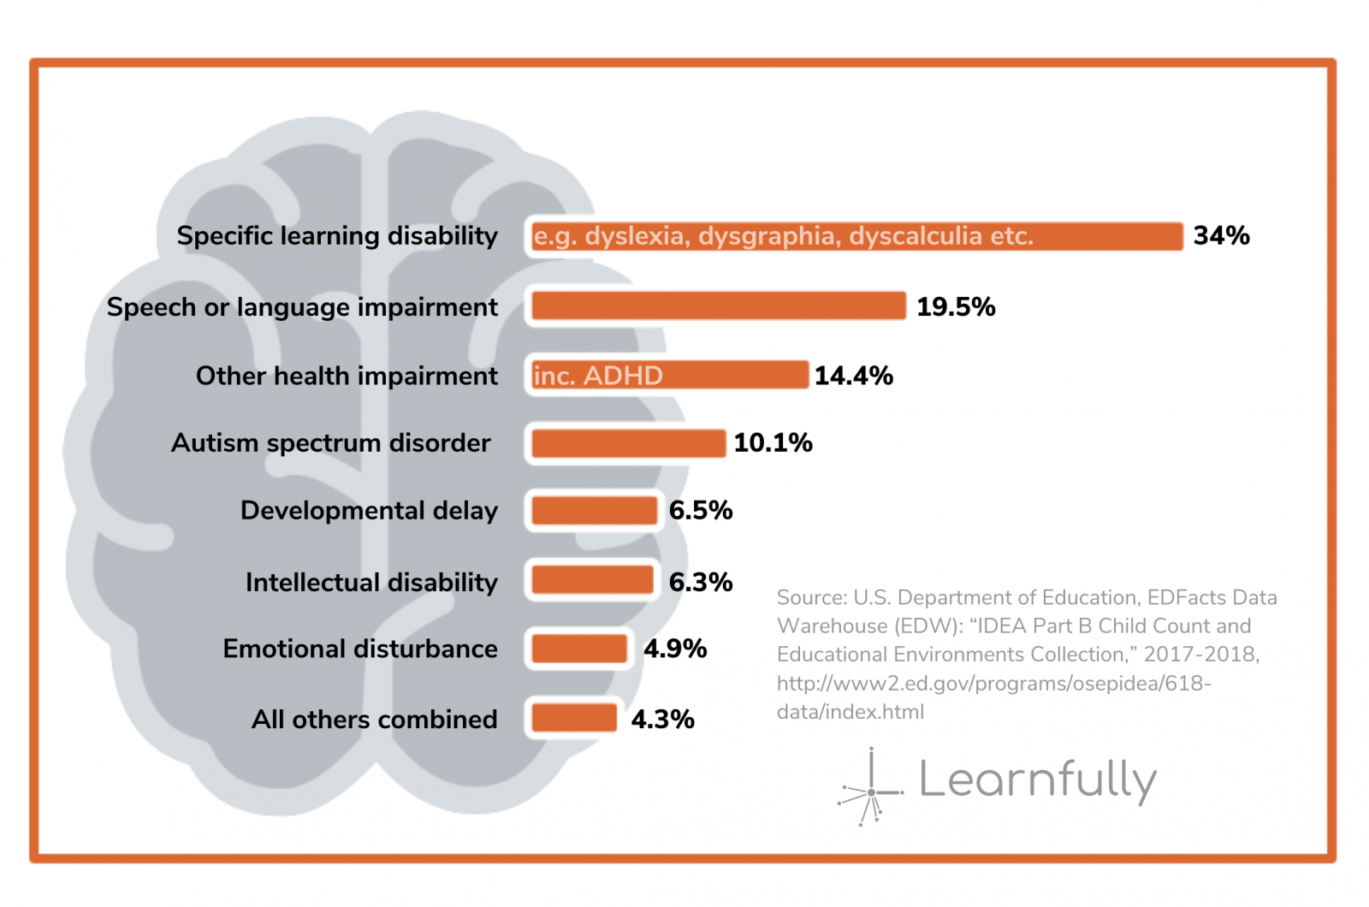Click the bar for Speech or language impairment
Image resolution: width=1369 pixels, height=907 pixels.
718,305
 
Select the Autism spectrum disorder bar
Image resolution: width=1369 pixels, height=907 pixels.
628,443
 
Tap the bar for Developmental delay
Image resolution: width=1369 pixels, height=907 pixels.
594,511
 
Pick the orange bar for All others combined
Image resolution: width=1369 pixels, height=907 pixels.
573,718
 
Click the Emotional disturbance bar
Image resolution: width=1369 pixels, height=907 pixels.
579,649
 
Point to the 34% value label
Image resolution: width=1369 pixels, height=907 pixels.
1221,235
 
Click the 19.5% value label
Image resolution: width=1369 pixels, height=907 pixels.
956,306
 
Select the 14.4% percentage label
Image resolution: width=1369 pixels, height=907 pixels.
853,375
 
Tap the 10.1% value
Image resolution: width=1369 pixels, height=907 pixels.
773,442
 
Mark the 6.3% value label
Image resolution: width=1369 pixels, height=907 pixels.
700,582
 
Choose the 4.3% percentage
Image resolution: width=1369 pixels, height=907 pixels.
662,719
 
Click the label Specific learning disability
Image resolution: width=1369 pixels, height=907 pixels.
337,235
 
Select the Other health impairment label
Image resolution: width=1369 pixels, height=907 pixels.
347,376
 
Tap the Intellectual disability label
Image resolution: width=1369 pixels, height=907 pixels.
371,582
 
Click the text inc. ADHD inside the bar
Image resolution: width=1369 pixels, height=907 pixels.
598,376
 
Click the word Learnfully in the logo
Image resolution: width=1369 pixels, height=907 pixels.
1037,780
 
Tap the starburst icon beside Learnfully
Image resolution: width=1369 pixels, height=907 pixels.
870,790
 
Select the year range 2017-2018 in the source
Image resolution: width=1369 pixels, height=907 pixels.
1200,655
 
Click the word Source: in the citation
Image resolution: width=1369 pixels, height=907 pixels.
812,597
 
